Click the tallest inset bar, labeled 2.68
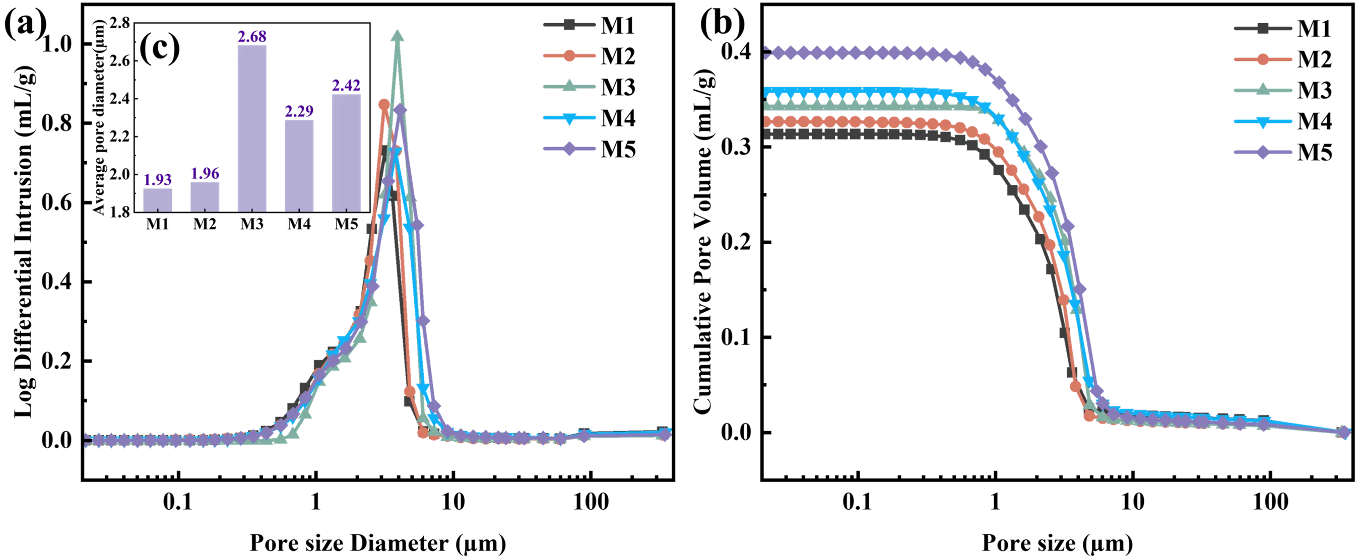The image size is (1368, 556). coord(252,128)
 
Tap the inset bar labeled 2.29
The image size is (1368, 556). coord(299,165)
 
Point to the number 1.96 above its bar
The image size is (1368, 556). coord(205,174)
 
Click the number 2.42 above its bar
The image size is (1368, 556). coord(346,86)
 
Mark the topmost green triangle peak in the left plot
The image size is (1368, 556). coord(397,36)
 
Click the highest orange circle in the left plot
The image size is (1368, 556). coord(384,104)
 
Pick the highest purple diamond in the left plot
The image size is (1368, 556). coord(401,110)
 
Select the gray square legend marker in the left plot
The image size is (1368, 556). coord(569,25)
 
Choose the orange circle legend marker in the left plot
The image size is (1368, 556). coord(569,56)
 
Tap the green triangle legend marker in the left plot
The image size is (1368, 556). coord(569,86)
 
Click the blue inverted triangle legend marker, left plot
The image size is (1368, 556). coord(569,118)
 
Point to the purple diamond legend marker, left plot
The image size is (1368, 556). coord(569,149)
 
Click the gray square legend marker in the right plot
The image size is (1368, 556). coord(1262,29)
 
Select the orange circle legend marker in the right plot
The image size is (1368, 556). coord(1262,59)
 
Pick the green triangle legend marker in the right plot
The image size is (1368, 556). coord(1262,90)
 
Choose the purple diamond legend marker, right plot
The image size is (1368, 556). coord(1262,153)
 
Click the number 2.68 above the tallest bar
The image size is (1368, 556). coord(252,37)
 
